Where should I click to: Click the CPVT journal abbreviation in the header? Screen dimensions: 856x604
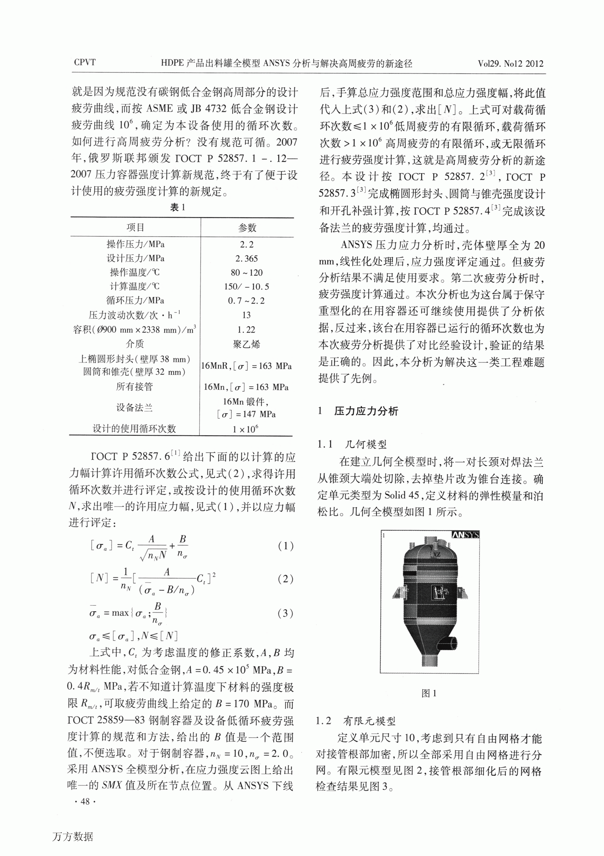(x=85, y=62)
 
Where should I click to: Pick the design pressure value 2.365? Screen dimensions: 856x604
(x=246, y=258)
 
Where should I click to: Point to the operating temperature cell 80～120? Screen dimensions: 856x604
(x=246, y=272)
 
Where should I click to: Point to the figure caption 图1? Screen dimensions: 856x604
(x=429, y=693)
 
